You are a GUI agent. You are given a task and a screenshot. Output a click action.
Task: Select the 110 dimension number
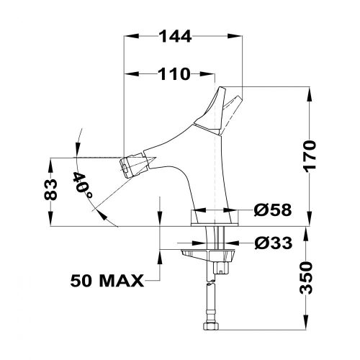click(169, 73)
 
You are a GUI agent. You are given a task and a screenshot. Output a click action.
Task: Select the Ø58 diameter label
click(272, 211)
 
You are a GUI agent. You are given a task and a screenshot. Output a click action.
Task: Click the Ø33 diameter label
click(272, 243)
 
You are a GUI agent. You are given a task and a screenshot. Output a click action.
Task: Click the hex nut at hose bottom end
click(210, 330)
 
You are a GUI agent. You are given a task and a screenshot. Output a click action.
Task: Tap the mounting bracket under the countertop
click(209, 256)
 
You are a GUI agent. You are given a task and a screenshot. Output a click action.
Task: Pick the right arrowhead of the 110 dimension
click(210, 73)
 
